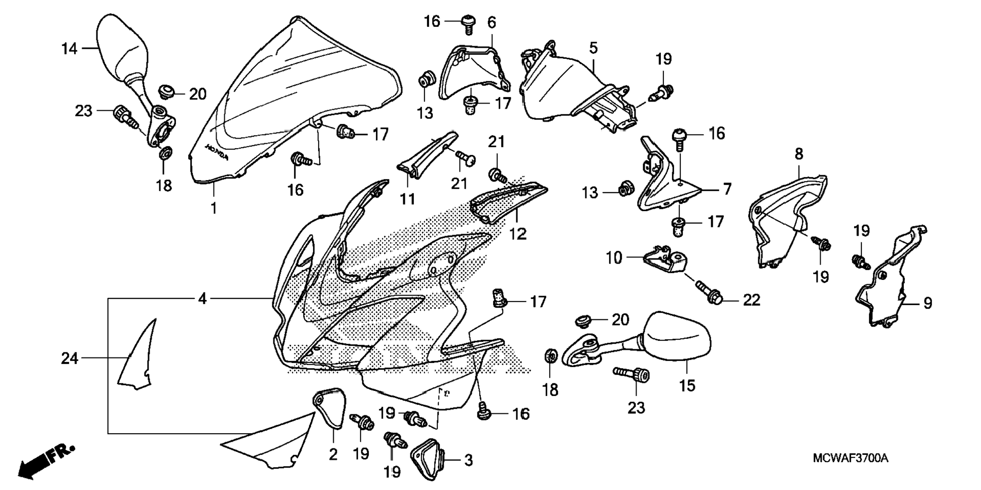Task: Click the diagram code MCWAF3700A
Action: [x=850, y=459]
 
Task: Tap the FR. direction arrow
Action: [x=46, y=462]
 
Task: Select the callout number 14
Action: [x=69, y=49]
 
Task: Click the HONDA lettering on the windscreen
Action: [x=217, y=151]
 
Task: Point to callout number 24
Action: [x=69, y=358]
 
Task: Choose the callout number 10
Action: [x=614, y=257]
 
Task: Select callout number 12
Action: [x=518, y=234]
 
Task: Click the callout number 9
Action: [x=928, y=303]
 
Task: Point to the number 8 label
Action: [x=799, y=154]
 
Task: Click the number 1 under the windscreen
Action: [x=214, y=208]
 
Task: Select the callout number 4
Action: [x=202, y=299]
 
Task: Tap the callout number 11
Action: [x=407, y=199]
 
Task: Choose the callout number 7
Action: [x=727, y=189]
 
